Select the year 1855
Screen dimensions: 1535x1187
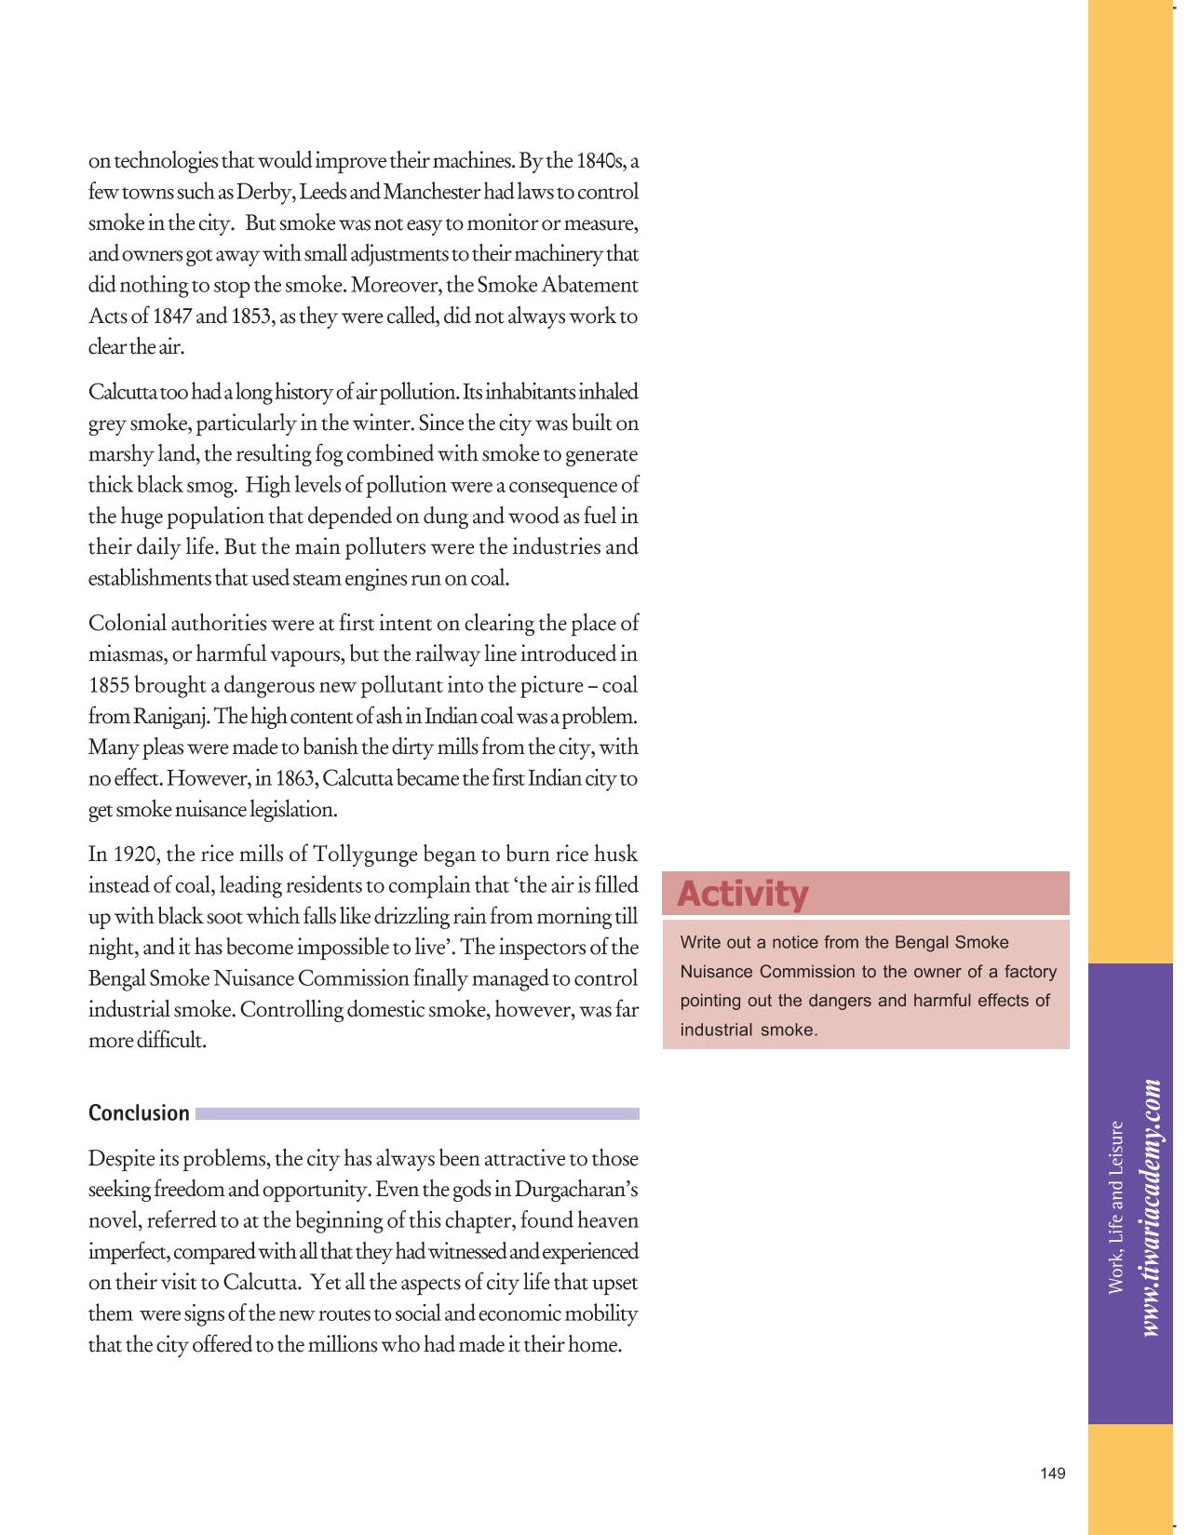click(x=108, y=686)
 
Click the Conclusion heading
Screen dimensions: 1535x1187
click(x=139, y=1113)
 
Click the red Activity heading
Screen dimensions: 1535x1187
click(x=742, y=894)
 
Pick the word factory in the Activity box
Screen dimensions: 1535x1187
click(x=1031, y=972)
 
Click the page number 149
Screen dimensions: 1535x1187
click(x=1052, y=1474)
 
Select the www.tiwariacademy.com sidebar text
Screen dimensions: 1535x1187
click(x=1152, y=1207)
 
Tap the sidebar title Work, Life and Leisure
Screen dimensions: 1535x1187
click(x=1116, y=1207)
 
